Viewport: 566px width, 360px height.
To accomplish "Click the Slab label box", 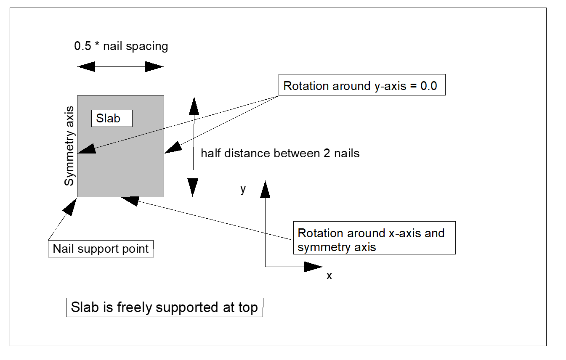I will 112,118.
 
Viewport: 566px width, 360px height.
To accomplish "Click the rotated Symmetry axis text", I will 69,146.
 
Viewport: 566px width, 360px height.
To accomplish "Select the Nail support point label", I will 101,249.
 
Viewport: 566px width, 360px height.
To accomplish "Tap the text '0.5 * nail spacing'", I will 121,46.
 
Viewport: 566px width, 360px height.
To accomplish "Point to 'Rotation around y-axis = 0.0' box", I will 361,86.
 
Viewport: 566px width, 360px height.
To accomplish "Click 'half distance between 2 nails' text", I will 280,153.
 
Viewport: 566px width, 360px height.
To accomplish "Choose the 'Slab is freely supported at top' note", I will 164,307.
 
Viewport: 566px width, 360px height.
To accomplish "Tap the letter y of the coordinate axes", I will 243,189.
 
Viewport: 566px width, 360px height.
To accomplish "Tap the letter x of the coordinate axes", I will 330,276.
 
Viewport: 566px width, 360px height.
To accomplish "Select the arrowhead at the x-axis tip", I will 313,266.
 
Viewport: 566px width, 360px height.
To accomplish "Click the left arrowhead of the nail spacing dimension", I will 87,66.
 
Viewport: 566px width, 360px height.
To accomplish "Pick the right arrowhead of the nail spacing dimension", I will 154,66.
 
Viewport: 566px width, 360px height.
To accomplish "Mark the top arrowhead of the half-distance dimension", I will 194,106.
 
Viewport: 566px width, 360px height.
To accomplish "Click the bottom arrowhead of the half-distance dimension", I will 193,187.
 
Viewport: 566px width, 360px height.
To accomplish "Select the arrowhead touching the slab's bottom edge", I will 129,200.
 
